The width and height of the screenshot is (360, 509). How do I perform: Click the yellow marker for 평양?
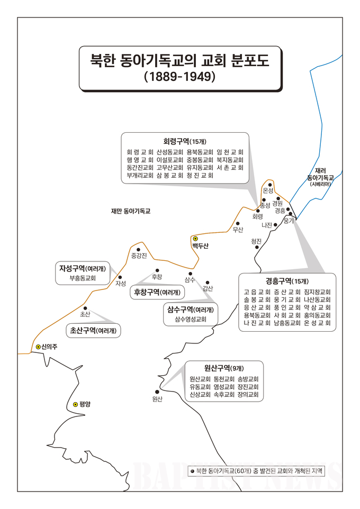75,404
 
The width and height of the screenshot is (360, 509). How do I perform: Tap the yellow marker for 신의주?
38,347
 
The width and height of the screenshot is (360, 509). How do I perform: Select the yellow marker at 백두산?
195,239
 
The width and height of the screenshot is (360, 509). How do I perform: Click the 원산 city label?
156,398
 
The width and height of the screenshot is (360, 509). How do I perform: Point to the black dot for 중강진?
138,249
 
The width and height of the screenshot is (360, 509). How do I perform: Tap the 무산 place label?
238,230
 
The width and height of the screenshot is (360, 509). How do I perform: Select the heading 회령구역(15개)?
184,141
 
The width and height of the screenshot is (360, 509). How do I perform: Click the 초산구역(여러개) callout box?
93,331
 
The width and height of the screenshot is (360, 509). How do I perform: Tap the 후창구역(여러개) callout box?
157,292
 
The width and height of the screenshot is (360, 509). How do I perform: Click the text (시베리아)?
323,184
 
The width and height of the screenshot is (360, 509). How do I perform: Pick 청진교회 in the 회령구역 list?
201,175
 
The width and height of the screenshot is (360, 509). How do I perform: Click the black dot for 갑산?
208,283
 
